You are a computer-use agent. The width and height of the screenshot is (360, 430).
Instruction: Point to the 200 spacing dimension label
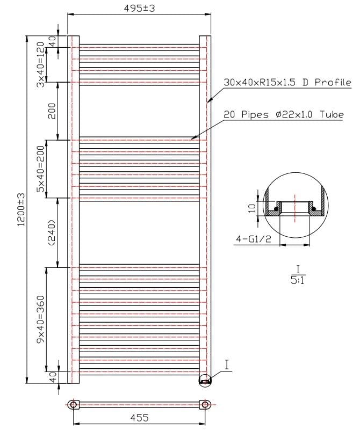(52, 111)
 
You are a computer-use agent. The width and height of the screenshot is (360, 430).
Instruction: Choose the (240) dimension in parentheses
(52, 232)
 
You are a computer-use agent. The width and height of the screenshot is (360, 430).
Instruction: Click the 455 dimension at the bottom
(139, 417)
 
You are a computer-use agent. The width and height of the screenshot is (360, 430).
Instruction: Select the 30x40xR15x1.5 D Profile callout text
(287, 83)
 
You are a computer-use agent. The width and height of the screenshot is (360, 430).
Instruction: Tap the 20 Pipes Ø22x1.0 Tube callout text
(283, 115)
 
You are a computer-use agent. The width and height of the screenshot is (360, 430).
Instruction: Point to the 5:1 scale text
(297, 280)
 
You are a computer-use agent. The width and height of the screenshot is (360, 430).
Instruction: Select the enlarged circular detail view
(295, 207)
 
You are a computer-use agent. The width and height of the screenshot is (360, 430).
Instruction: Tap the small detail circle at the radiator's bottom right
(205, 380)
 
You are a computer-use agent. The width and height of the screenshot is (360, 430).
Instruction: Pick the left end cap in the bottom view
(73, 404)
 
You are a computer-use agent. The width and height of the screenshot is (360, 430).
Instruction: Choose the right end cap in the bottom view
(205, 404)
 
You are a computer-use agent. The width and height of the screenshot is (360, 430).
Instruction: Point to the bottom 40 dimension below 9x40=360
(53, 377)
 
